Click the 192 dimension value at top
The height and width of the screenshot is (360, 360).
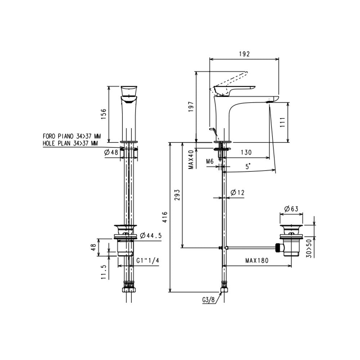(244, 54)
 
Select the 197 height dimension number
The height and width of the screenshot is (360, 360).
(191, 107)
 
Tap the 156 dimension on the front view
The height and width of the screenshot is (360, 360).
(104, 114)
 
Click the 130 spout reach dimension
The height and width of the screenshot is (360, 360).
(246, 152)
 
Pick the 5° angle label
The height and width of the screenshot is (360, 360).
(248, 166)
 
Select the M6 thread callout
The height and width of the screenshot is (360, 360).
(210, 161)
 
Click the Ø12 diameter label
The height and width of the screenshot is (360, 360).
(238, 192)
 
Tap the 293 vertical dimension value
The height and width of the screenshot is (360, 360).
(177, 195)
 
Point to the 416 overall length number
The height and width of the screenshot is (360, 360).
(165, 217)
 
